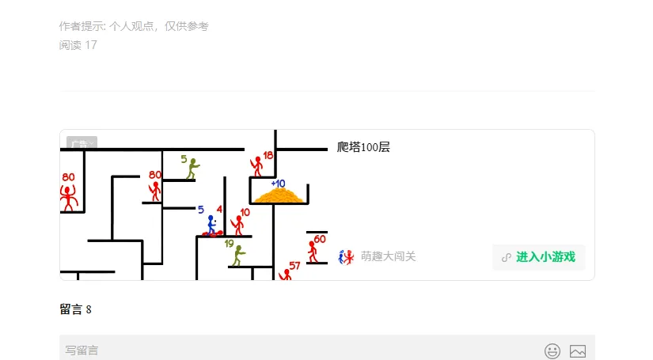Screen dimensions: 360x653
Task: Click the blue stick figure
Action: pos(211,225)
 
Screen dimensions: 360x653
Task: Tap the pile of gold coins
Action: pos(279,195)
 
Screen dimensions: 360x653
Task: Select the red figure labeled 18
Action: pos(257,166)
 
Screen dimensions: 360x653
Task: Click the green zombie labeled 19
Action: pos(237,255)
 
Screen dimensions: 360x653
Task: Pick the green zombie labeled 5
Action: pos(192,169)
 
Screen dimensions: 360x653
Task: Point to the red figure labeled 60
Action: pos(313,252)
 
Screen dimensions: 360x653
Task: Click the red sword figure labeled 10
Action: pos(238,225)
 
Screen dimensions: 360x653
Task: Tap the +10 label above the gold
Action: pos(278,184)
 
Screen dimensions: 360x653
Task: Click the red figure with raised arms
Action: pos(70,198)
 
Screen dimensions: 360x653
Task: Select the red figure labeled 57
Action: pos(287,275)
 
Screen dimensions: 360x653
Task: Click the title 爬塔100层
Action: pos(363,147)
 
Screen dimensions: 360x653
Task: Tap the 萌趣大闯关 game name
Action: pos(388,256)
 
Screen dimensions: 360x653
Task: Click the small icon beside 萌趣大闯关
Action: pos(346,256)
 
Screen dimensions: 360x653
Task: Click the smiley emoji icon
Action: pos(552,351)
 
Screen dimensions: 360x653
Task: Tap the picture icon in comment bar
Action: pos(578,351)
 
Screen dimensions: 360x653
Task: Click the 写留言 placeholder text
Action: pos(82,351)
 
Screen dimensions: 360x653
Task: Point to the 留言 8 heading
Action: pos(76,309)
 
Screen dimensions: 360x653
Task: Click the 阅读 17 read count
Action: pos(78,45)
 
